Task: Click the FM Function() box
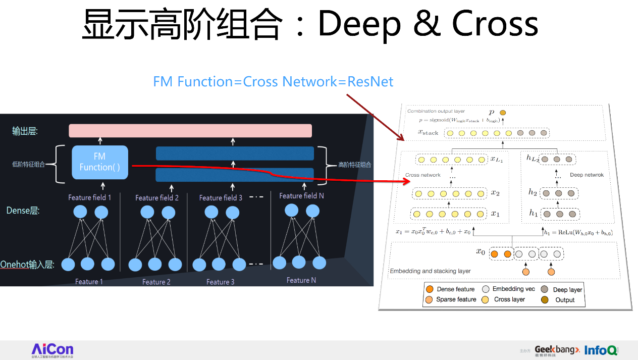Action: tap(100, 162)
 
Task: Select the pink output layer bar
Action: tap(190, 130)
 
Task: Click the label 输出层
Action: tap(25, 131)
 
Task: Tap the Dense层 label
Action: tap(23, 211)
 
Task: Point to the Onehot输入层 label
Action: tap(27, 264)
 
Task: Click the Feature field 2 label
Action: tap(157, 198)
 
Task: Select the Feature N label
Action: tap(301, 280)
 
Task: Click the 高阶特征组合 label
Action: tap(354, 165)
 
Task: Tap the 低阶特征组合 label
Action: tap(29, 164)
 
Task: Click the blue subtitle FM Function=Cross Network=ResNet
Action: tap(273, 82)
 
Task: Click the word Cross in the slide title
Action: tap(495, 24)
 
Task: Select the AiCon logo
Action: tap(52, 350)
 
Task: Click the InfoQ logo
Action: tap(601, 350)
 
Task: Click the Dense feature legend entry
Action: tap(450, 289)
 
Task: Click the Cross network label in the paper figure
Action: tap(422, 175)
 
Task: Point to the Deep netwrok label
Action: tap(587, 175)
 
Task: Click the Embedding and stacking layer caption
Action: tap(430, 271)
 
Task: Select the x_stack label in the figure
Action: tap(428, 133)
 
